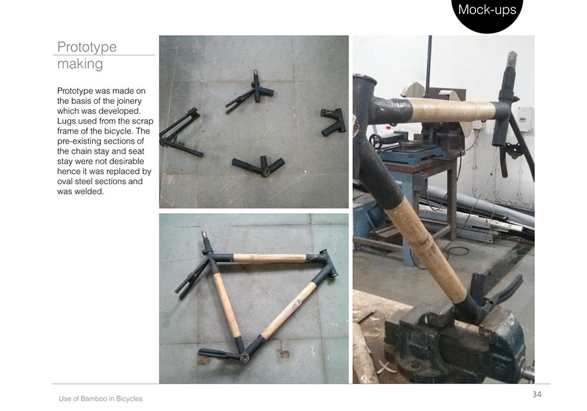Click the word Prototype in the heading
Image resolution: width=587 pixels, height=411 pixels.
[x=87, y=47]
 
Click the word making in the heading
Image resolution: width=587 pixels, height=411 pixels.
[x=80, y=63]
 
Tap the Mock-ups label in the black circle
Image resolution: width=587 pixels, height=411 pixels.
[x=487, y=9]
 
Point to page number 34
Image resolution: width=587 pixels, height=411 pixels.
[x=537, y=394]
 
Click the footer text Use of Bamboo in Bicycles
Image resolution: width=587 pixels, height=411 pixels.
[x=100, y=399]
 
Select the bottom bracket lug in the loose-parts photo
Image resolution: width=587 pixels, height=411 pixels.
[x=259, y=166]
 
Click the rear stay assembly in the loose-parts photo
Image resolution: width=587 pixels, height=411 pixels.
[x=180, y=133]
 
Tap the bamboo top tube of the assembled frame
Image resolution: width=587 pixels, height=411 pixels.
[x=269, y=258]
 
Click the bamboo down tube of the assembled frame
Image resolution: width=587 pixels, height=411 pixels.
[x=289, y=311]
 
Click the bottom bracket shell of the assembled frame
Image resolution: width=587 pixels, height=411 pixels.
[x=244, y=358]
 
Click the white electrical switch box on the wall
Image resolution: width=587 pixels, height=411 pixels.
[x=525, y=119]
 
